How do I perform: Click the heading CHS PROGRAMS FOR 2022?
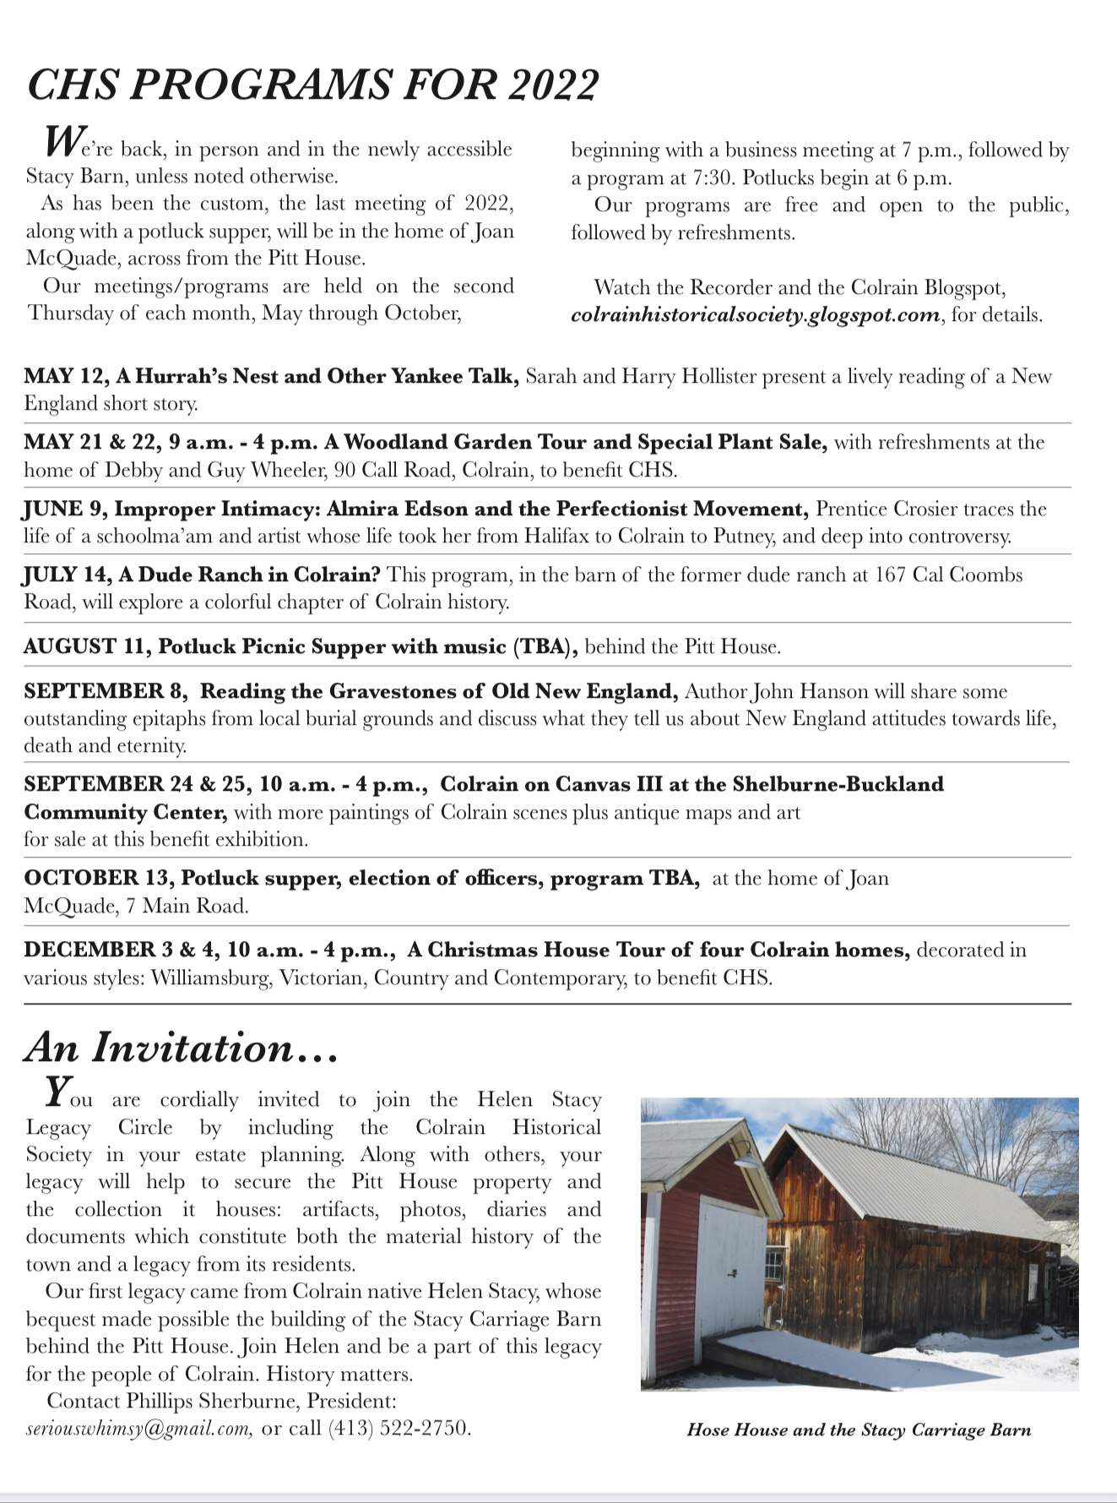313,85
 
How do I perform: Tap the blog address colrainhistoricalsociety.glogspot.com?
756,315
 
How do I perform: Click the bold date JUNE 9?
63,509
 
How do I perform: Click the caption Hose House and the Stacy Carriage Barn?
859,1430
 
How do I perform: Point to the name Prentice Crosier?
887,509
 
